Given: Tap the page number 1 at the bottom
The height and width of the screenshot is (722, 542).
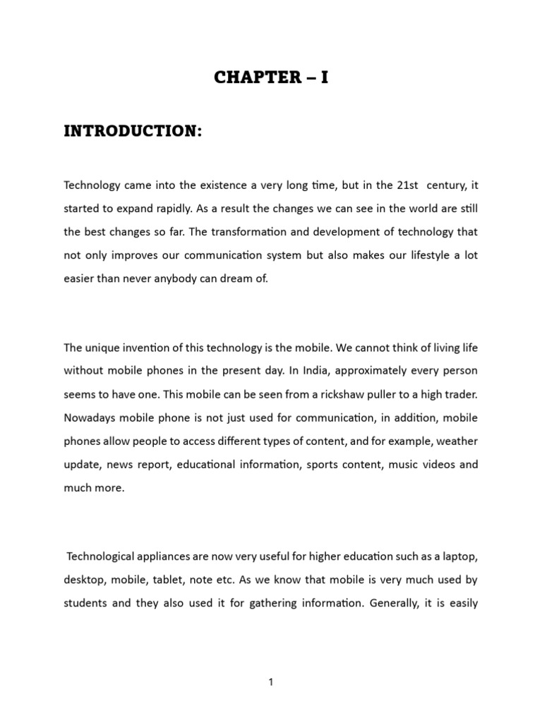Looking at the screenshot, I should pos(271,682).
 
